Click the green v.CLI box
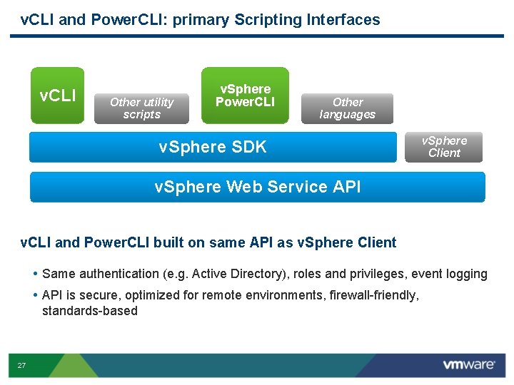[x=57, y=96]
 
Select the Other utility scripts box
[x=141, y=108]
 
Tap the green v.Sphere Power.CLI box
[x=245, y=96]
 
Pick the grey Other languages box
[x=348, y=108]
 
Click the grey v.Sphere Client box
[x=444, y=147]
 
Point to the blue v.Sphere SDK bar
[x=213, y=148]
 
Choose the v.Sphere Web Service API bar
[x=257, y=187]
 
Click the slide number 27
[x=21, y=366]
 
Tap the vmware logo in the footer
[x=468, y=365]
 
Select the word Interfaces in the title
[x=343, y=20]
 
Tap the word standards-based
[x=89, y=311]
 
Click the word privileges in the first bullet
[x=377, y=274]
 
